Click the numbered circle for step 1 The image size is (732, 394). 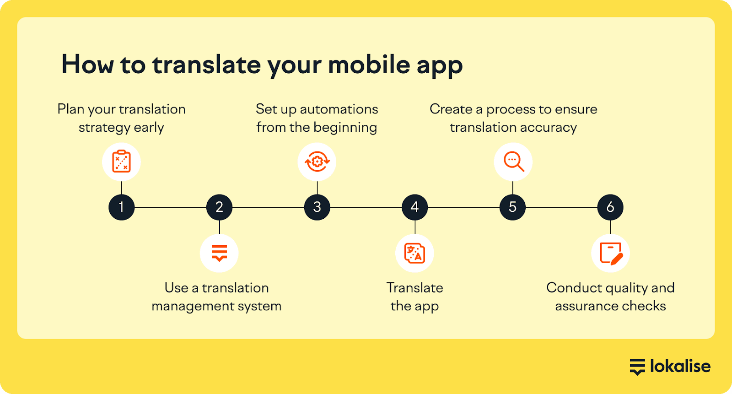[122, 207]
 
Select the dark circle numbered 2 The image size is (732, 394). [219, 207]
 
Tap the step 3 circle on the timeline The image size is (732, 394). [317, 207]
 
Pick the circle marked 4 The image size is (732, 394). [414, 207]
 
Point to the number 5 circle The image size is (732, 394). [512, 207]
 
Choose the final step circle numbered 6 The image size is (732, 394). [610, 207]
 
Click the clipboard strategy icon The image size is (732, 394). [122, 161]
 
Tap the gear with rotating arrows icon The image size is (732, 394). [317, 162]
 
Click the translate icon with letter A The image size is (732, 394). [414, 253]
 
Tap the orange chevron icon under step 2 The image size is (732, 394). [219, 253]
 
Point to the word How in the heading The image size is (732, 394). [87, 65]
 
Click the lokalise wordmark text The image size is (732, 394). [680, 366]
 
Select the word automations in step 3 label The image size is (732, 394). [339, 109]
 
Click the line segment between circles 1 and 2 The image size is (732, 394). [170, 207]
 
